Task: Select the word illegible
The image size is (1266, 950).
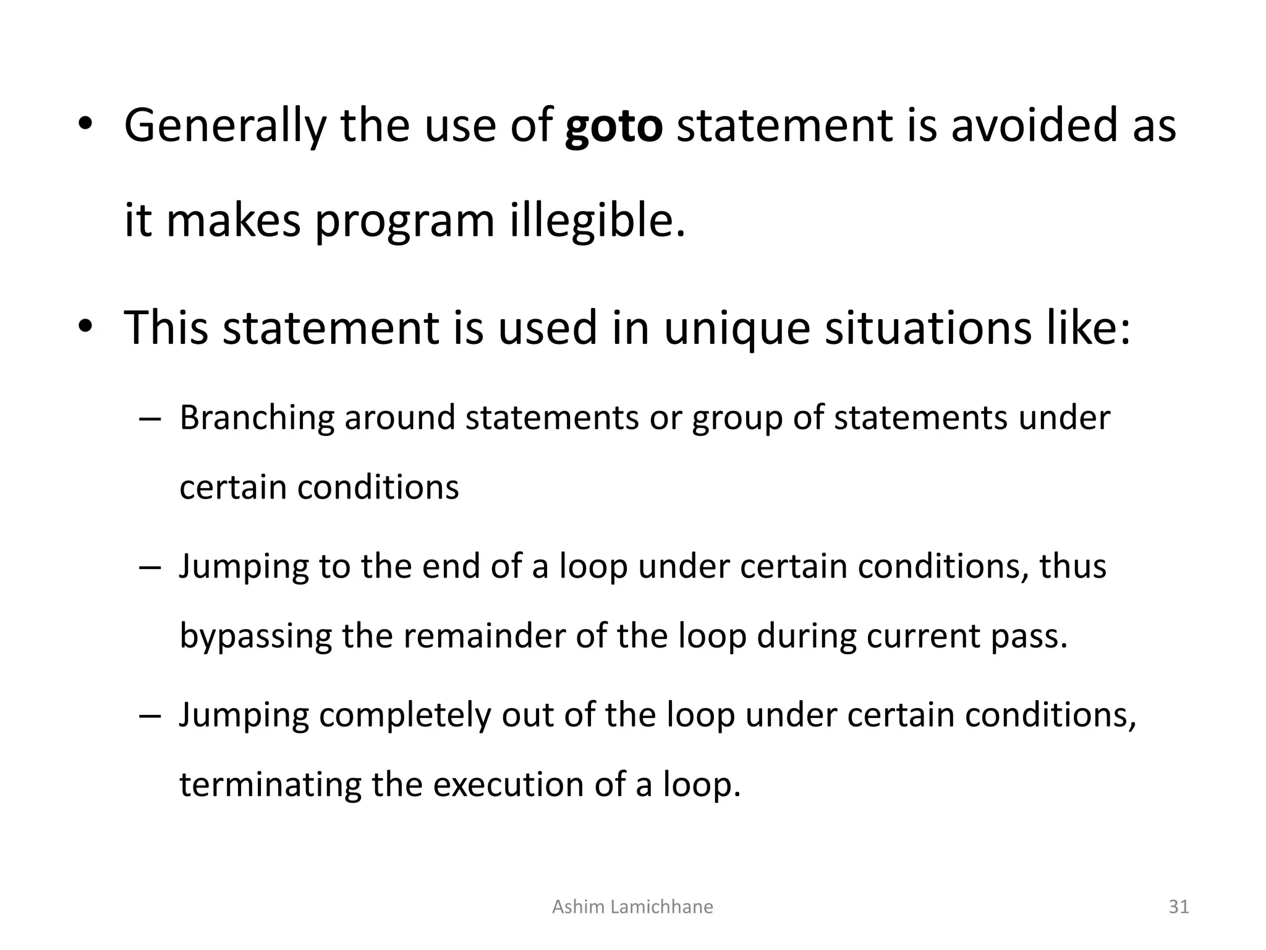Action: pyautogui.click(x=597, y=221)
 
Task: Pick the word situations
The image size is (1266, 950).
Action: pyautogui.click(x=928, y=328)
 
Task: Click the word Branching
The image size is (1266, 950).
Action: pyautogui.click(x=257, y=418)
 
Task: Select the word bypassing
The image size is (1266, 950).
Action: pyautogui.click(x=255, y=636)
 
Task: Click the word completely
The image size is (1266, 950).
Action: pyautogui.click(x=405, y=716)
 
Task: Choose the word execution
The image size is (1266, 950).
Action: pyautogui.click(x=508, y=785)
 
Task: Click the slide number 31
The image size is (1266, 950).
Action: pyautogui.click(x=1179, y=907)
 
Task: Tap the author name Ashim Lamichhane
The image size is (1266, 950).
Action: pyautogui.click(x=632, y=907)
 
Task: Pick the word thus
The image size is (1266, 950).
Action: pyautogui.click(x=1073, y=566)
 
